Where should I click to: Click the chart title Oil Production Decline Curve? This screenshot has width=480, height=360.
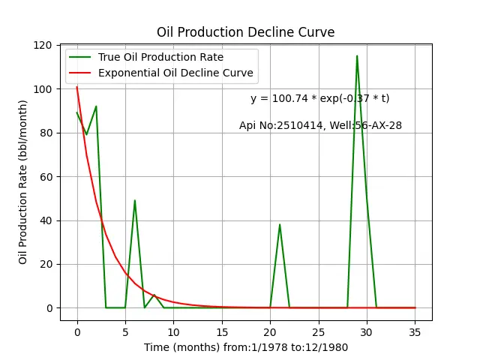[x=245, y=32]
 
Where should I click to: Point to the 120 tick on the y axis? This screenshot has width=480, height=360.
[x=43, y=45]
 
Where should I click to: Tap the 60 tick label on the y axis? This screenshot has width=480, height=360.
[x=46, y=177]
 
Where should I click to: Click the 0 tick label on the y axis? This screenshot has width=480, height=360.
[x=49, y=308]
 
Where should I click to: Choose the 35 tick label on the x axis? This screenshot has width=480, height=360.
[x=415, y=332]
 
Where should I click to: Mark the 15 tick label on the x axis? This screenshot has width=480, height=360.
[x=222, y=332]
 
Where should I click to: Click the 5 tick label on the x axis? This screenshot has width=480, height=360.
[x=125, y=332]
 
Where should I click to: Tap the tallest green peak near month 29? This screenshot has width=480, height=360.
[x=357, y=56]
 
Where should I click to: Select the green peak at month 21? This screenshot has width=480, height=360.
[x=280, y=225]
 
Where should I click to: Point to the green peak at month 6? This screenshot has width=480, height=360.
[x=135, y=200]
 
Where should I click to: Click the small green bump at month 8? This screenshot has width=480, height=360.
[x=154, y=295]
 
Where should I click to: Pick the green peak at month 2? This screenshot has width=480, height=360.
[x=96, y=106]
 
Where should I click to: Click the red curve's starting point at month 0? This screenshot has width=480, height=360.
[x=76, y=87]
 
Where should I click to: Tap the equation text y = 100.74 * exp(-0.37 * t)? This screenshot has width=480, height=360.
[x=320, y=98]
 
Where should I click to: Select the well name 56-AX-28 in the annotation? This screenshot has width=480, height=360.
[x=378, y=125]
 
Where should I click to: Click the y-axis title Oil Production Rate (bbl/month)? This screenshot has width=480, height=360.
[x=23, y=182]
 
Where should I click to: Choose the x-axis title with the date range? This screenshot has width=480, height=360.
[x=246, y=348]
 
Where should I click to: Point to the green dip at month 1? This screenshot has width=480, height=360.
[x=87, y=134]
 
